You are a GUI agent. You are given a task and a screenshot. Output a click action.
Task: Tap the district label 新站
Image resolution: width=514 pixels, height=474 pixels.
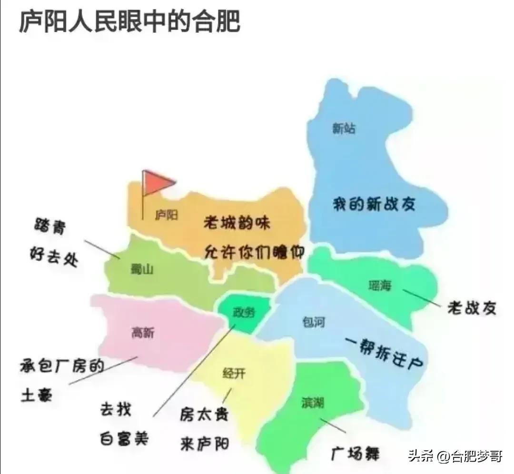pos(344,128)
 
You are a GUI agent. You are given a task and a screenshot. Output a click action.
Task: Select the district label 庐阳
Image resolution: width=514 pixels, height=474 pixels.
pos(167,216)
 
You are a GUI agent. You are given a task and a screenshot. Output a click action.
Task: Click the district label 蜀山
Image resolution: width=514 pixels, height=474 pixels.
pos(142,270)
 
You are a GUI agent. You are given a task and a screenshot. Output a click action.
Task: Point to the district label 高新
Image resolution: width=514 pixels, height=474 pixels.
pos(143,333)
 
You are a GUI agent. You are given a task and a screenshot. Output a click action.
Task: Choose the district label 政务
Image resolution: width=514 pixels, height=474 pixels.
pos(244,313)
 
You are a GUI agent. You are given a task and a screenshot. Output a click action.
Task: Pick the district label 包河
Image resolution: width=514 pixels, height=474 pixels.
pos(314,322)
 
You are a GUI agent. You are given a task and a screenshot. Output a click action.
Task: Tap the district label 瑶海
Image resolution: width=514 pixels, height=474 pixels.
pos(380,286)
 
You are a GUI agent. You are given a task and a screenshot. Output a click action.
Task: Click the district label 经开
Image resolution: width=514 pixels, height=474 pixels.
pos(234,374)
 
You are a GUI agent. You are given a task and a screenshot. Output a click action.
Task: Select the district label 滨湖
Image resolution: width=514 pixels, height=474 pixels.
pos(313,403)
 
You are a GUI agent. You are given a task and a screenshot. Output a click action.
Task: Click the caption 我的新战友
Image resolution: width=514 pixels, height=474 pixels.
pos(374,204)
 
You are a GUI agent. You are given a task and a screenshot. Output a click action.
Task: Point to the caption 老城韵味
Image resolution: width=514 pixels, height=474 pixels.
pos(237,222)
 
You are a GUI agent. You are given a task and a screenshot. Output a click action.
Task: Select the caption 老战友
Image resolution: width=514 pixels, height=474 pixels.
pos(471,308)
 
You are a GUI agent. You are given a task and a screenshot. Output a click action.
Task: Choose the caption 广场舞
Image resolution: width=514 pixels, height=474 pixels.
pos(355,453)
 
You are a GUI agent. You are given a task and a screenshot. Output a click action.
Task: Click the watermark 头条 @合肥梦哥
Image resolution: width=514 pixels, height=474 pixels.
pos(455,456)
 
